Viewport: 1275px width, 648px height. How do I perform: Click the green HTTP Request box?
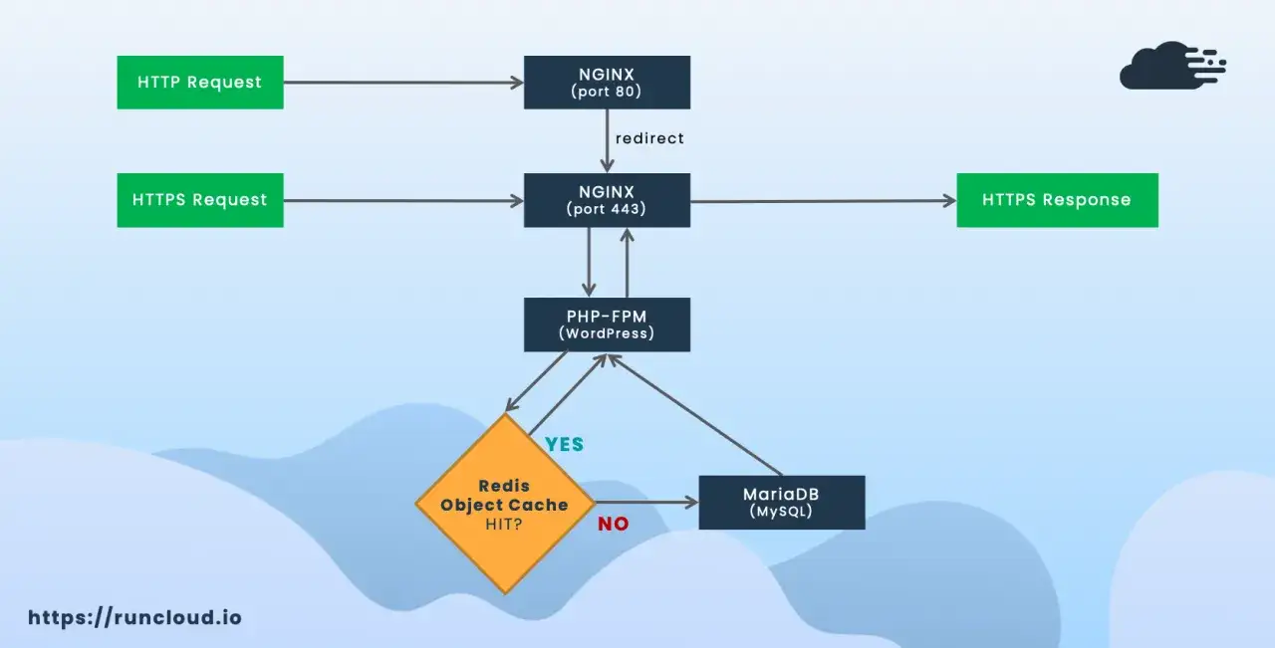(x=200, y=83)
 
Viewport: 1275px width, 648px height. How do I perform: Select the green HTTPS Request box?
(x=200, y=200)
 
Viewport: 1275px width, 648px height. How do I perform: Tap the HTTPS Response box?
(x=1058, y=200)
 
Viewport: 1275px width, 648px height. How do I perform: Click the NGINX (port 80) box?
(x=608, y=83)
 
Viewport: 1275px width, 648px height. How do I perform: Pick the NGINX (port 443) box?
(x=608, y=200)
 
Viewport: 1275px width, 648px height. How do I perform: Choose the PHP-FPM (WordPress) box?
(x=608, y=324)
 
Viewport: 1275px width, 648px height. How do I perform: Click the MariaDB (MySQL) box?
(x=782, y=503)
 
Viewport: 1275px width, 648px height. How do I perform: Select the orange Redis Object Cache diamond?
(x=505, y=504)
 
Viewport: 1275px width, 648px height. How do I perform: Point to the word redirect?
(x=649, y=138)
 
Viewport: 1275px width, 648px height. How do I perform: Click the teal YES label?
(x=565, y=444)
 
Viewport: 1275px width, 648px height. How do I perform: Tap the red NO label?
(x=614, y=524)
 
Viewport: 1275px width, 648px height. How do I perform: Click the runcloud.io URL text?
(x=134, y=617)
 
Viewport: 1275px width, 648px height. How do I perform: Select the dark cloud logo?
(x=1172, y=66)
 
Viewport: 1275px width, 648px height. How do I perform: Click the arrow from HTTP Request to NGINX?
(x=403, y=83)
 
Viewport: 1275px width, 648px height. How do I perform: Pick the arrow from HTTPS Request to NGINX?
(x=403, y=200)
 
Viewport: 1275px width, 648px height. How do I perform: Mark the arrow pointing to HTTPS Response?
(x=824, y=201)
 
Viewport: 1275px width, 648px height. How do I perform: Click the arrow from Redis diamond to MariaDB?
(x=647, y=503)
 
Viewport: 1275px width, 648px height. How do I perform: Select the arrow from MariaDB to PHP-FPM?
(x=695, y=415)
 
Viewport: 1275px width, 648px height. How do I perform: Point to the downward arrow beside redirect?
(x=608, y=141)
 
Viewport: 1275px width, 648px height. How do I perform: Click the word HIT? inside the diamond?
(x=504, y=524)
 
